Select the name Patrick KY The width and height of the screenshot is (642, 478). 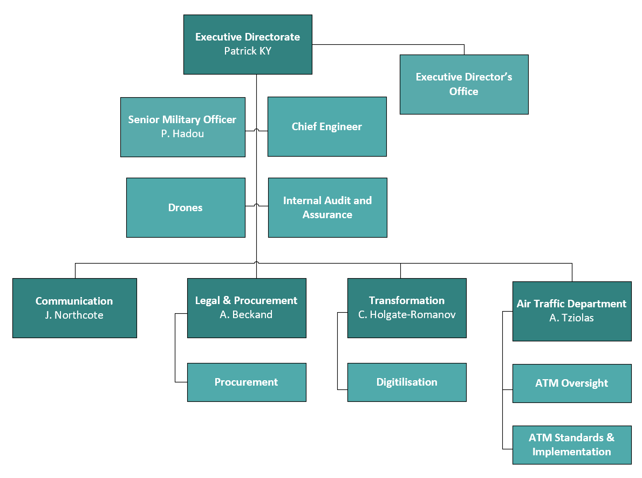click(248, 51)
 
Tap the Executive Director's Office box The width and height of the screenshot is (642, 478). click(464, 84)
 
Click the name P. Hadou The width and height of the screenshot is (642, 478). click(182, 134)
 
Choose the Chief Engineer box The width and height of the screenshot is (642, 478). click(327, 127)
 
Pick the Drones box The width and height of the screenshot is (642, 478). click(186, 208)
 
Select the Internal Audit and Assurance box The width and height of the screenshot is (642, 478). click(327, 208)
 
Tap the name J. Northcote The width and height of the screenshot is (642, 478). click(74, 315)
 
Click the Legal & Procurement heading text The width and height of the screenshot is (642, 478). click(246, 300)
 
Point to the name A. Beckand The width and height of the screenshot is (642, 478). click(246, 315)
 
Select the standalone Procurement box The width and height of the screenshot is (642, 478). click(247, 382)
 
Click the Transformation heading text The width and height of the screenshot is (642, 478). click(407, 300)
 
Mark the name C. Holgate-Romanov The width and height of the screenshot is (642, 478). click(407, 315)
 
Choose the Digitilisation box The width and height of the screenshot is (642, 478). click(407, 382)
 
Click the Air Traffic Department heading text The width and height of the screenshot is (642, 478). click(571, 304)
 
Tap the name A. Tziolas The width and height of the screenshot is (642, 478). click(571, 318)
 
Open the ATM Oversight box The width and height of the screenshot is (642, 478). click(572, 383)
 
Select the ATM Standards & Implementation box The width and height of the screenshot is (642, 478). click(572, 445)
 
